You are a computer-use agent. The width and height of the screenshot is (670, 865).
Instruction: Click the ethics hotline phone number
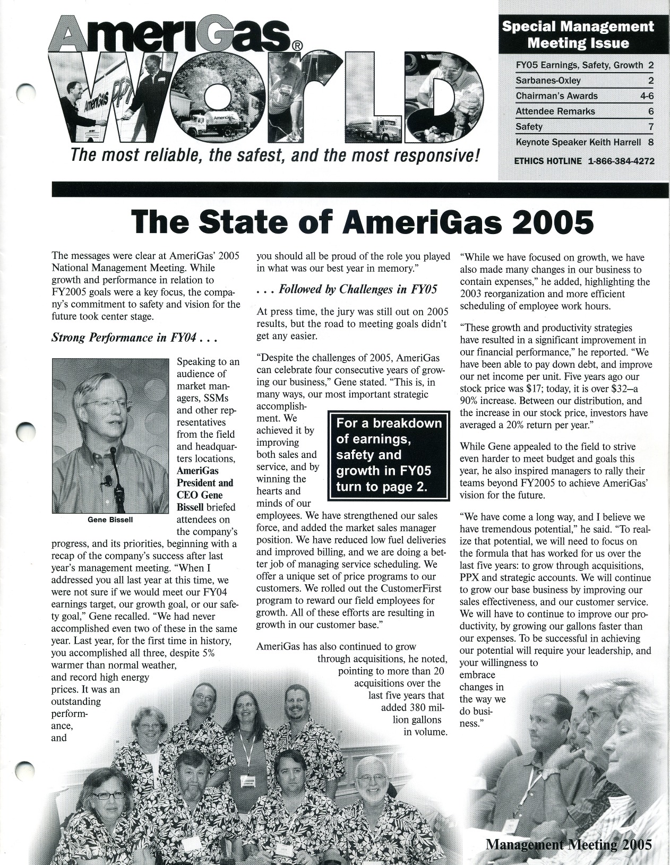tap(621, 161)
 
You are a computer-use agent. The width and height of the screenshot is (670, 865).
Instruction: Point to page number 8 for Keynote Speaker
tap(650, 142)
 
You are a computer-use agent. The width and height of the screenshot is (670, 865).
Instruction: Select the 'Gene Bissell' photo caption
tap(110, 520)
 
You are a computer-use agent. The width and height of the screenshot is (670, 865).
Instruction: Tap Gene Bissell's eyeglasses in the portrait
tap(107, 404)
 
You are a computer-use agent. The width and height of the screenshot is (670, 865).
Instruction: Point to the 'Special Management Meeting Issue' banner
tap(578, 34)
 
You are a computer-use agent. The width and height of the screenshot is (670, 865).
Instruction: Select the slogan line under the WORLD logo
tap(275, 156)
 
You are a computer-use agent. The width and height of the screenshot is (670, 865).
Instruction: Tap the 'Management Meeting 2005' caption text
tap(568, 844)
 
